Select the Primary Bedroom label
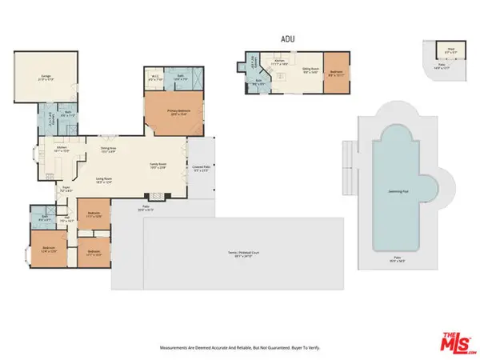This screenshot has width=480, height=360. [x=173, y=112]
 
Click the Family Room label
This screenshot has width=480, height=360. [x=158, y=165]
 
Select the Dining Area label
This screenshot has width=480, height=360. [x=109, y=149]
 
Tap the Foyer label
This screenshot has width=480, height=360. [x=66, y=190]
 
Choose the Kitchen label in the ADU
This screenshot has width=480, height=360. [x=281, y=61]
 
